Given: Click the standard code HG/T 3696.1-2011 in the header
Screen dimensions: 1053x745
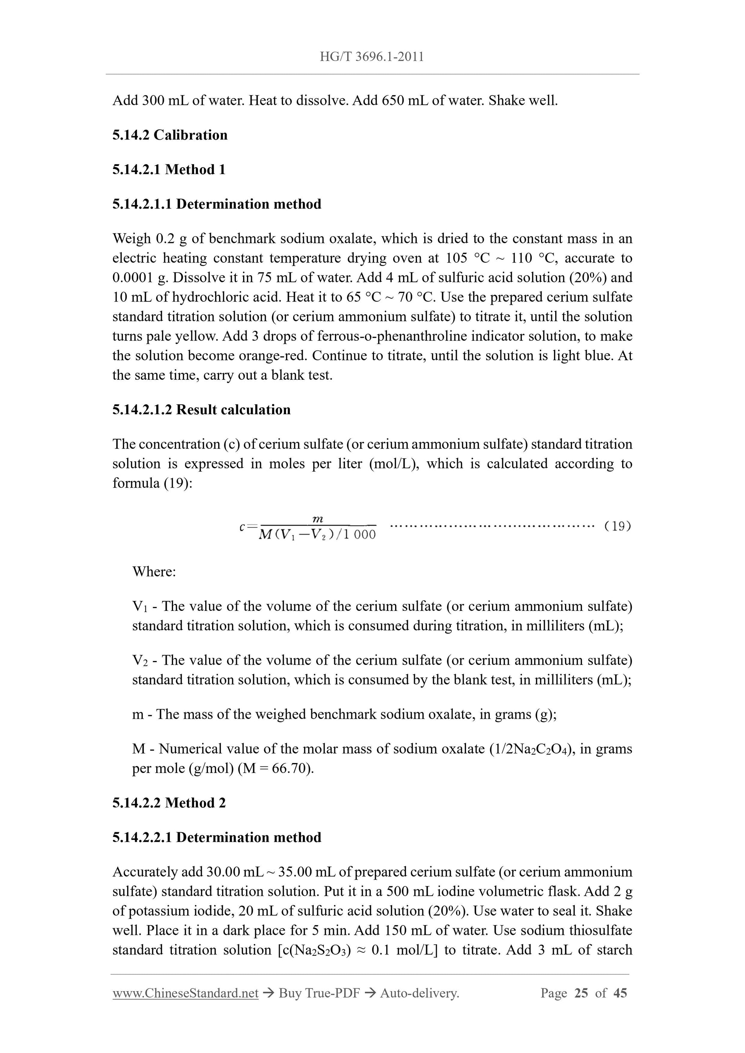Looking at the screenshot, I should pos(372,57).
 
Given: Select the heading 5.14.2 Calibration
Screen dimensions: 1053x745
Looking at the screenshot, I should pos(170,135).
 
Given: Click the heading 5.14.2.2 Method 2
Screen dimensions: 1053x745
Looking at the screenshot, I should pos(169,802).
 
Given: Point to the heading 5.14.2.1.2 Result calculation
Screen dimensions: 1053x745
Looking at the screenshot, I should pos(201,410).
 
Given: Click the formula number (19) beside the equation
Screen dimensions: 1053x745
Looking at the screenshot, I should pos(618,526).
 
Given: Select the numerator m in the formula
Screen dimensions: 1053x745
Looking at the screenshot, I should pos(318,519).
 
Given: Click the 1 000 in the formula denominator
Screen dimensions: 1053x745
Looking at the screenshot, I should pos(359,535).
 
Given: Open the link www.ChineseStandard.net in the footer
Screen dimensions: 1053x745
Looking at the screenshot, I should pos(185,993).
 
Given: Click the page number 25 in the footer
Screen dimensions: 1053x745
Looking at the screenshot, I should pos(581,993).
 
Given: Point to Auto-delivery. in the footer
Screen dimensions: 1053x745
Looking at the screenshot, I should pos(420,993).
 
